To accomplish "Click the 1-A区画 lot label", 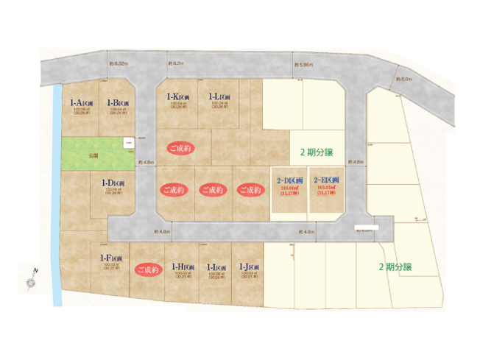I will pyautogui.click(x=80, y=103).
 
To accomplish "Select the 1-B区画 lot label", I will pyautogui.click(x=118, y=103).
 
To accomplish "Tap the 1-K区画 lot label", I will pyautogui.click(x=180, y=96).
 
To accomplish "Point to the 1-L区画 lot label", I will pyautogui.click(x=221, y=96).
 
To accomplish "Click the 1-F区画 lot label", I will pyautogui.click(x=111, y=258).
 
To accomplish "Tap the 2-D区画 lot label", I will pyautogui.click(x=289, y=180).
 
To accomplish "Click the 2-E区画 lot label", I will pyautogui.click(x=326, y=180).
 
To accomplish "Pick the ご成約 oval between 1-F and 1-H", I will pyautogui.click(x=147, y=270).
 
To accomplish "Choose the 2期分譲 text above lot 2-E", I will pyautogui.click(x=317, y=153).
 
